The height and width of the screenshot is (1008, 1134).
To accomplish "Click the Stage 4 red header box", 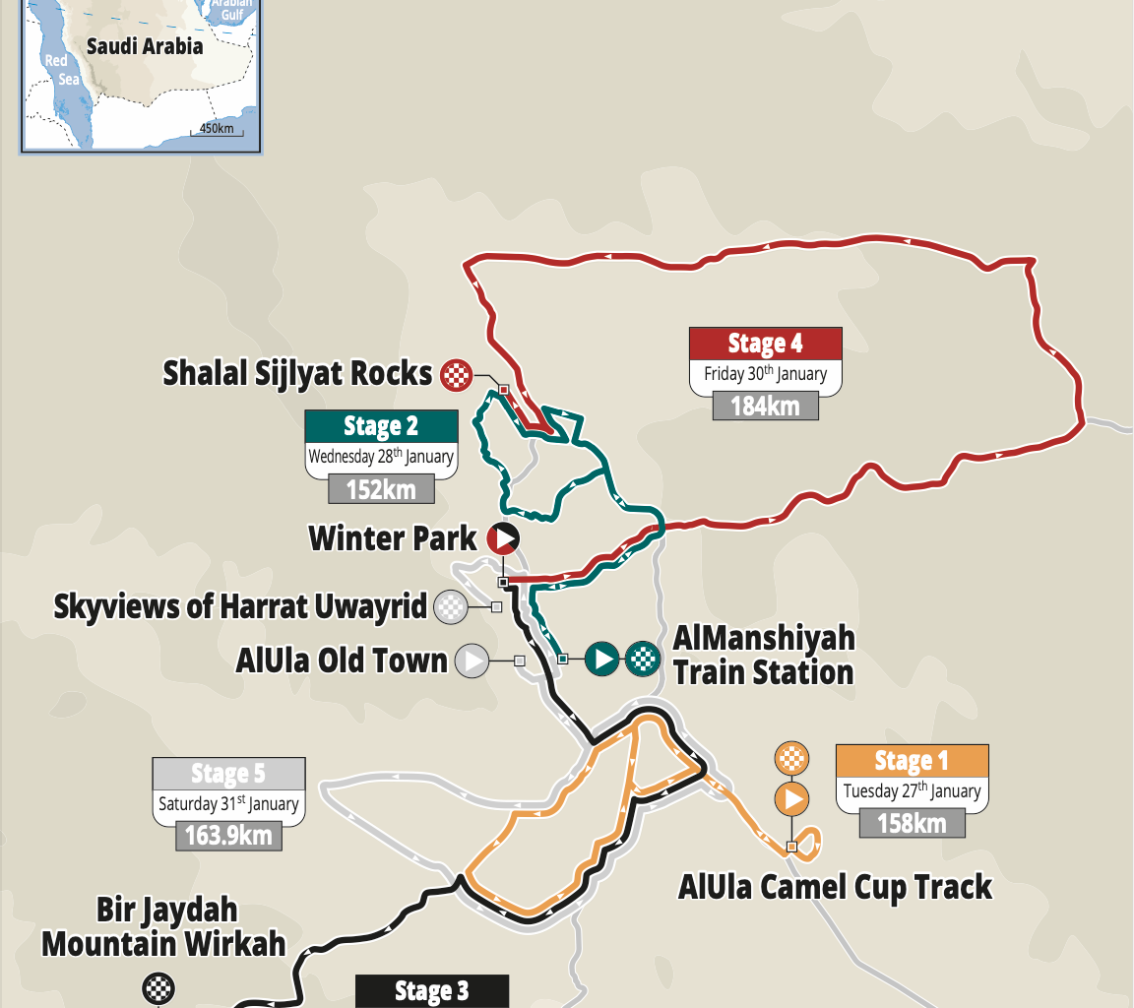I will pyautogui.click(x=765, y=344).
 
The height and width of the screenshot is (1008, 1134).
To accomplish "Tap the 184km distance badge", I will pyautogui.click(x=765, y=405).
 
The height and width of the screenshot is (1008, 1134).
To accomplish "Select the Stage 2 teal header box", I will pyautogui.click(x=381, y=426).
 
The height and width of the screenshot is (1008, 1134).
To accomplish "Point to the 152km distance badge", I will pyautogui.click(x=381, y=487).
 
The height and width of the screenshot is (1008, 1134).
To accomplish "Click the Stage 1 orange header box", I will pyautogui.click(x=912, y=761).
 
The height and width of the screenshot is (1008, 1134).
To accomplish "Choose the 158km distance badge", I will pyautogui.click(x=912, y=822).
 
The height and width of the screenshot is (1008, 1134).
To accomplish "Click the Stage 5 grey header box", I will pyautogui.click(x=228, y=774).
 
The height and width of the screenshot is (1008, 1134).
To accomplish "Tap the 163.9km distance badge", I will pyautogui.click(x=228, y=836).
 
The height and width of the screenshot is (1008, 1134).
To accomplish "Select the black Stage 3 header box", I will pyautogui.click(x=431, y=991).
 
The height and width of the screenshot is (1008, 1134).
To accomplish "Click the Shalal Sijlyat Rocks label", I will pyautogui.click(x=297, y=373).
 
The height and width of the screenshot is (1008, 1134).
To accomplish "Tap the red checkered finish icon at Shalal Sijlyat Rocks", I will pyautogui.click(x=456, y=373).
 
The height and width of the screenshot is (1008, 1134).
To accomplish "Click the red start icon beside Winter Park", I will pyautogui.click(x=502, y=538).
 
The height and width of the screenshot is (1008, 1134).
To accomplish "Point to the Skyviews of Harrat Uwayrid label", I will pyautogui.click(x=240, y=606).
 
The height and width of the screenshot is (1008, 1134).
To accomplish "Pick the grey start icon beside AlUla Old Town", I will pyautogui.click(x=473, y=661).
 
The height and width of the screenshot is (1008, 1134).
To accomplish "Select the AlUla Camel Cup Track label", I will pyautogui.click(x=835, y=887).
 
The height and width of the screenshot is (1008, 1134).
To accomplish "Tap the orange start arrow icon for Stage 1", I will pyautogui.click(x=792, y=798).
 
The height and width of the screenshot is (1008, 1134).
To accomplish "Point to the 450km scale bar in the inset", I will pyautogui.click(x=217, y=129).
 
